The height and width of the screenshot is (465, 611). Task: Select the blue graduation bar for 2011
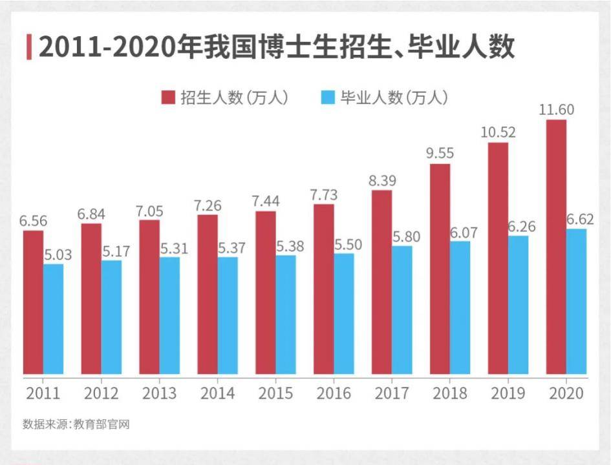53,319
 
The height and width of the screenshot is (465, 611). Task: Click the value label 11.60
556,109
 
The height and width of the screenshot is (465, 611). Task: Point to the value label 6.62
580,219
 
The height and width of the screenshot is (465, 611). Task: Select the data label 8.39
381,180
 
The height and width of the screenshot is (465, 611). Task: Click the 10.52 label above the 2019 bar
498,132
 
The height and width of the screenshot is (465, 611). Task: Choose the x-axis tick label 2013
159,393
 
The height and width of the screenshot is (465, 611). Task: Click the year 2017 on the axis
392,393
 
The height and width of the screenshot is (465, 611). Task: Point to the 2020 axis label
566,393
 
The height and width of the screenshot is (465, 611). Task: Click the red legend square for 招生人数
168,98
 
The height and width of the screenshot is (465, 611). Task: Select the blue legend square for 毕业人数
328,98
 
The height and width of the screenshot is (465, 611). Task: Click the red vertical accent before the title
29,47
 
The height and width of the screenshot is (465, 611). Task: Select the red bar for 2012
91,299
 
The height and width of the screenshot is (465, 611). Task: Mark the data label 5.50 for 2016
348,244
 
